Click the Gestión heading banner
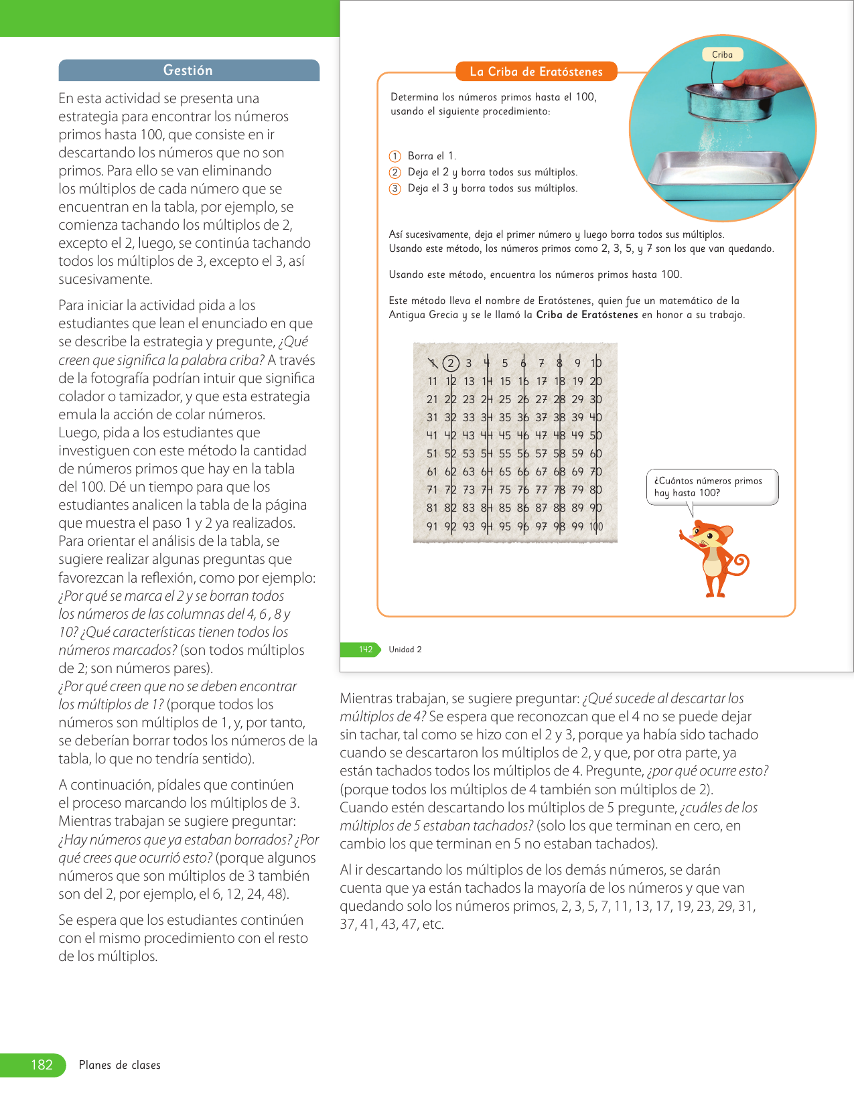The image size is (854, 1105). [x=188, y=70]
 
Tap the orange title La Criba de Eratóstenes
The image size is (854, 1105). [x=536, y=72]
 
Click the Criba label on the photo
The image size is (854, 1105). [x=722, y=55]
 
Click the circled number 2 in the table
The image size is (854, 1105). [x=451, y=363]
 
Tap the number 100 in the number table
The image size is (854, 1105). [x=596, y=526]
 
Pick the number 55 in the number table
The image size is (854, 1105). [x=505, y=453]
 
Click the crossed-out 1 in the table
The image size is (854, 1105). [x=433, y=363]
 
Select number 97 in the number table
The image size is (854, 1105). [x=541, y=526]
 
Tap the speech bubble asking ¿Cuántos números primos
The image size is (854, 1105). [x=711, y=487]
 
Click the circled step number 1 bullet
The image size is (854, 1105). [x=395, y=156]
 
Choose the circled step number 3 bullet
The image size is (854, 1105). [x=395, y=188]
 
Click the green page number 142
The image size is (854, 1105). [x=365, y=649]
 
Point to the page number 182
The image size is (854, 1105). [x=42, y=1065]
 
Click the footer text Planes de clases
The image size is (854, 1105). [x=120, y=1065]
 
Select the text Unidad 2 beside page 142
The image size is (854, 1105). [x=405, y=650]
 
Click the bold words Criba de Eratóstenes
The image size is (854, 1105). [x=587, y=315]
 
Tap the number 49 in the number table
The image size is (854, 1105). [x=577, y=435]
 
